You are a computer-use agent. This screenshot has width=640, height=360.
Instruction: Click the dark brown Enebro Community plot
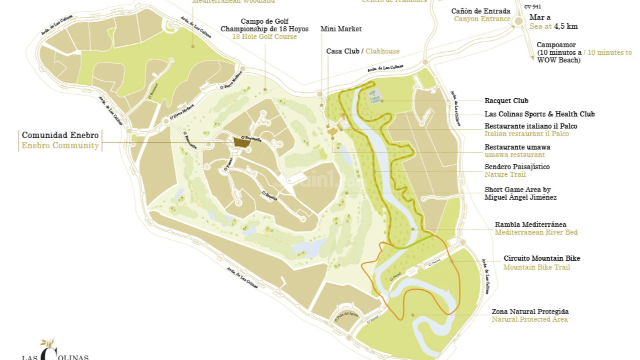(242, 142)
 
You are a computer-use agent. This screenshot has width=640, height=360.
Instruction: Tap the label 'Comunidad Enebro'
(60, 135)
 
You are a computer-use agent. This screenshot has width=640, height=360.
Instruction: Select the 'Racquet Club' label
(506, 101)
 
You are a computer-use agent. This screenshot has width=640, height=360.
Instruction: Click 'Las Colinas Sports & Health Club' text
(539, 114)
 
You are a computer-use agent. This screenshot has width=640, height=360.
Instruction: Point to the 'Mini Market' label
(341, 29)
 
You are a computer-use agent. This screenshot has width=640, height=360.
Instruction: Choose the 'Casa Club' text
(343, 51)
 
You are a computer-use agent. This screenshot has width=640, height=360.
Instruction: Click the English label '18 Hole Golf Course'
(264, 37)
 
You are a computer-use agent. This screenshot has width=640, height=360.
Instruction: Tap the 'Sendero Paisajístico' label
(517, 167)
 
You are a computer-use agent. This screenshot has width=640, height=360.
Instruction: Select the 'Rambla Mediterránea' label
(530, 224)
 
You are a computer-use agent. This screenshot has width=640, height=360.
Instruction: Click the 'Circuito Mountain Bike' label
(542, 258)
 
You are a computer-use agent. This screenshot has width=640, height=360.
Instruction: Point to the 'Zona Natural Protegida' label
(530, 311)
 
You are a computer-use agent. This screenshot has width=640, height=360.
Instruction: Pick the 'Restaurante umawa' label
(517, 147)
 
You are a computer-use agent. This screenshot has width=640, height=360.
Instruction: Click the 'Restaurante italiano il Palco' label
(531, 126)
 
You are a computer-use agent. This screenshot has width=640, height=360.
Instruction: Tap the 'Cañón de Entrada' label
(480, 11)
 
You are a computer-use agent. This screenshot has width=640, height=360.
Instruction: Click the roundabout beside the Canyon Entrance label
(519, 21)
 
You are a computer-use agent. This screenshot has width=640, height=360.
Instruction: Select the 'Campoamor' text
(556, 45)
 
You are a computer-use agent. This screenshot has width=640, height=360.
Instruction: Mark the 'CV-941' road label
(533, 7)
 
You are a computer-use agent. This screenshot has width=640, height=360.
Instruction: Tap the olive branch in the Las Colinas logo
(47, 343)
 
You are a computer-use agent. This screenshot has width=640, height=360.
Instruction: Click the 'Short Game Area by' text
(517, 190)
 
